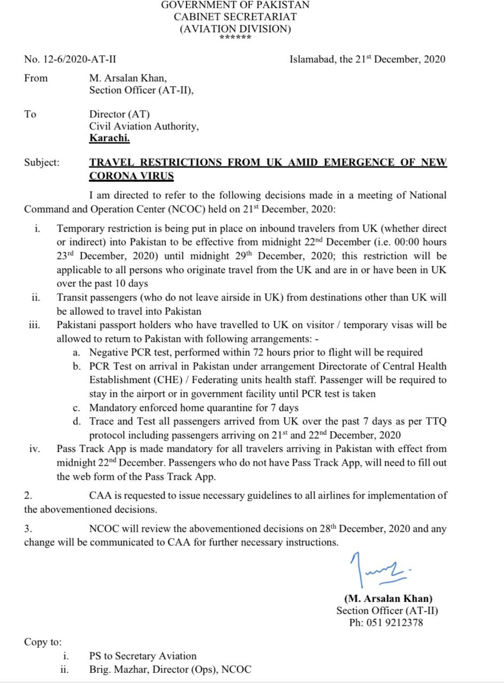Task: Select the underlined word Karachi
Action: click(x=109, y=138)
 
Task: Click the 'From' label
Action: click(x=36, y=78)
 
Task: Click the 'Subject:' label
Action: click(x=42, y=163)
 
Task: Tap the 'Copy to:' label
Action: click(x=43, y=642)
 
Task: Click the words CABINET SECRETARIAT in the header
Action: click(x=235, y=17)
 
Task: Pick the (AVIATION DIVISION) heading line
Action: click(x=235, y=29)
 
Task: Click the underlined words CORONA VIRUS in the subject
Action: click(x=131, y=176)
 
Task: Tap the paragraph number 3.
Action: click(x=28, y=529)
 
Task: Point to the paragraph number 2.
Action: click(x=28, y=496)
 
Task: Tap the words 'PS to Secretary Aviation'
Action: click(x=143, y=656)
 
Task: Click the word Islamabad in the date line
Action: click(x=312, y=59)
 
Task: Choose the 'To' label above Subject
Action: click(x=30, y=114)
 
